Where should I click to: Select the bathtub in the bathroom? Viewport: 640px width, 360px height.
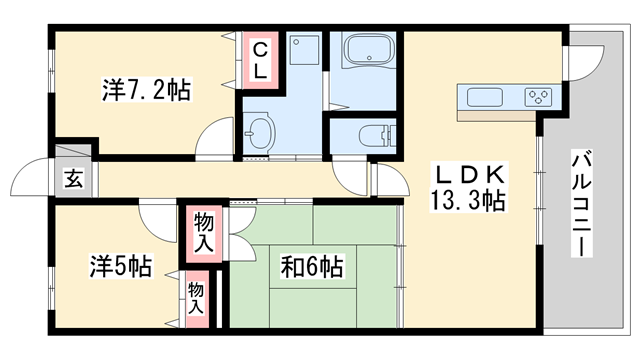click(368, 54)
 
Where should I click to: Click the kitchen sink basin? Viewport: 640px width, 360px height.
click(486, 98)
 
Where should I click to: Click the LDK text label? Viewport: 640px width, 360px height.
click(468, 173)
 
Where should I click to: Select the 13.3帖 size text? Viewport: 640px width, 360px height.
click(468, 200)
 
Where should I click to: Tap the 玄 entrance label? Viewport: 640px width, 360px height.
click(74, 180)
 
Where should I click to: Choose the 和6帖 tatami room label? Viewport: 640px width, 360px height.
click(312, 267)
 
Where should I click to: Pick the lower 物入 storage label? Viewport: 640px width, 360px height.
click(196, 298)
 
